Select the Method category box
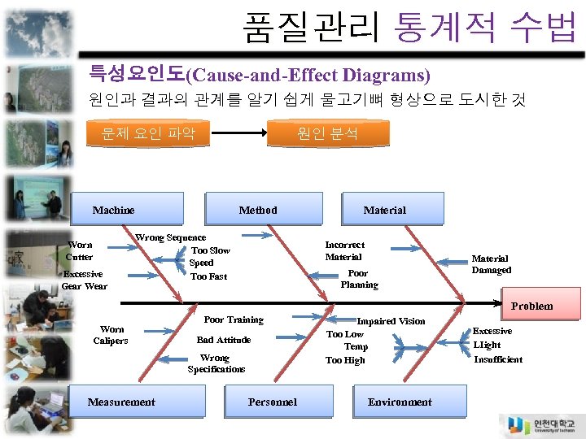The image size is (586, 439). click(258, 209)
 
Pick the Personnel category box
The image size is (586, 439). click(272, 402)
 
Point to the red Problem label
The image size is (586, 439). click(531, 306)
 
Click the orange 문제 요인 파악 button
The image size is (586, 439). click(148, 133)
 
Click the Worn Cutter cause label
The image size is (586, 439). click(80, 250)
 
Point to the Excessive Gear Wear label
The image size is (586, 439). click(84, 280)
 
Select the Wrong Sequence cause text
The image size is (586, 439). click(170, 237)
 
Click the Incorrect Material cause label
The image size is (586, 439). click(344, 250)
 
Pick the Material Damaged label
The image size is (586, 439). click(491, 264)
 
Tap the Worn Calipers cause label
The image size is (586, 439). click(111, 335)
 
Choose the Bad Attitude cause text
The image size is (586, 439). click(224, 340)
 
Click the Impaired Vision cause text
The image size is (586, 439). click(391, 321)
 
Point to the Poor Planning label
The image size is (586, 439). click(359, 279)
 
